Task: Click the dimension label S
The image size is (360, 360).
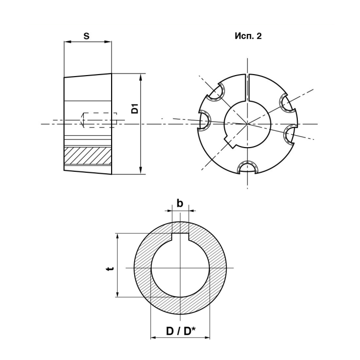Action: (x=86, y=36)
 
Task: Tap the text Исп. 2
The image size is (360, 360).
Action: (x=248, y=36)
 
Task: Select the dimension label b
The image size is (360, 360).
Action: (x=180, y=203)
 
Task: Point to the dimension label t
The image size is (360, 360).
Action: (x=111, y=268)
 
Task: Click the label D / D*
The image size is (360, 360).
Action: (x=181, y=331)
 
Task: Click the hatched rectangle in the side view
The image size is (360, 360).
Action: (x=88, y=156)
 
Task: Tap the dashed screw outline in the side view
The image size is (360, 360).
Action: (x=99, y=120)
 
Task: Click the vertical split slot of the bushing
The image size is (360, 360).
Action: (x=247, y=87)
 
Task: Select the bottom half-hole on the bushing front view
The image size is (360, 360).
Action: (x=247, y=168)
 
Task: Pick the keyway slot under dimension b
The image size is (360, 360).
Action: (x=180, y=238)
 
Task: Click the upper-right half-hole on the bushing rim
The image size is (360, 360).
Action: (x=285, y=102)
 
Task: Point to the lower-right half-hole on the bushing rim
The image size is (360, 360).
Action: (x=290, y=135)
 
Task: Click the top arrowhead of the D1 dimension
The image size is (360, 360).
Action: (x=141, y=76)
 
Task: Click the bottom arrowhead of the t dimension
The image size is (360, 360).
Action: (x=118, y=294)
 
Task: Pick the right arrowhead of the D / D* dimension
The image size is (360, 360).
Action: (x=207, y=337)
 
